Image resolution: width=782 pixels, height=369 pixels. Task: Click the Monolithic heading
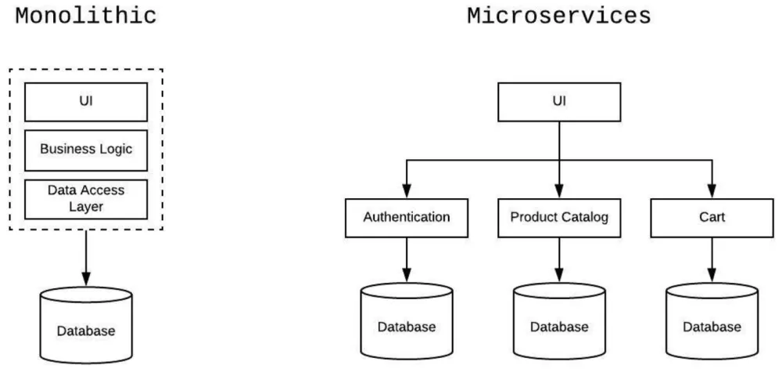coord(86,16)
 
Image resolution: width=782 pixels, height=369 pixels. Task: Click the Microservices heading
coord(558,16)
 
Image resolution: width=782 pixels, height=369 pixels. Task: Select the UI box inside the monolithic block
coord(86,102)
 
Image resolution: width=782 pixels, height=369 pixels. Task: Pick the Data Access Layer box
coord(86,199)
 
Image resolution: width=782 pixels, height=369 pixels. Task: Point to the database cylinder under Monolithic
coord(86,325)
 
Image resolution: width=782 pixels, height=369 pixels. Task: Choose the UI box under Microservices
coord(559,102)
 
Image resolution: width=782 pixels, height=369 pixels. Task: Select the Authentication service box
coord(407,217)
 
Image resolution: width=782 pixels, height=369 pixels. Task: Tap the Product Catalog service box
coord(559,217)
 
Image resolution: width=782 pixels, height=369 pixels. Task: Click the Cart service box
coord(712,217)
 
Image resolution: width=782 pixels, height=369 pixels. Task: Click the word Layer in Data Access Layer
coord(86,208)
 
